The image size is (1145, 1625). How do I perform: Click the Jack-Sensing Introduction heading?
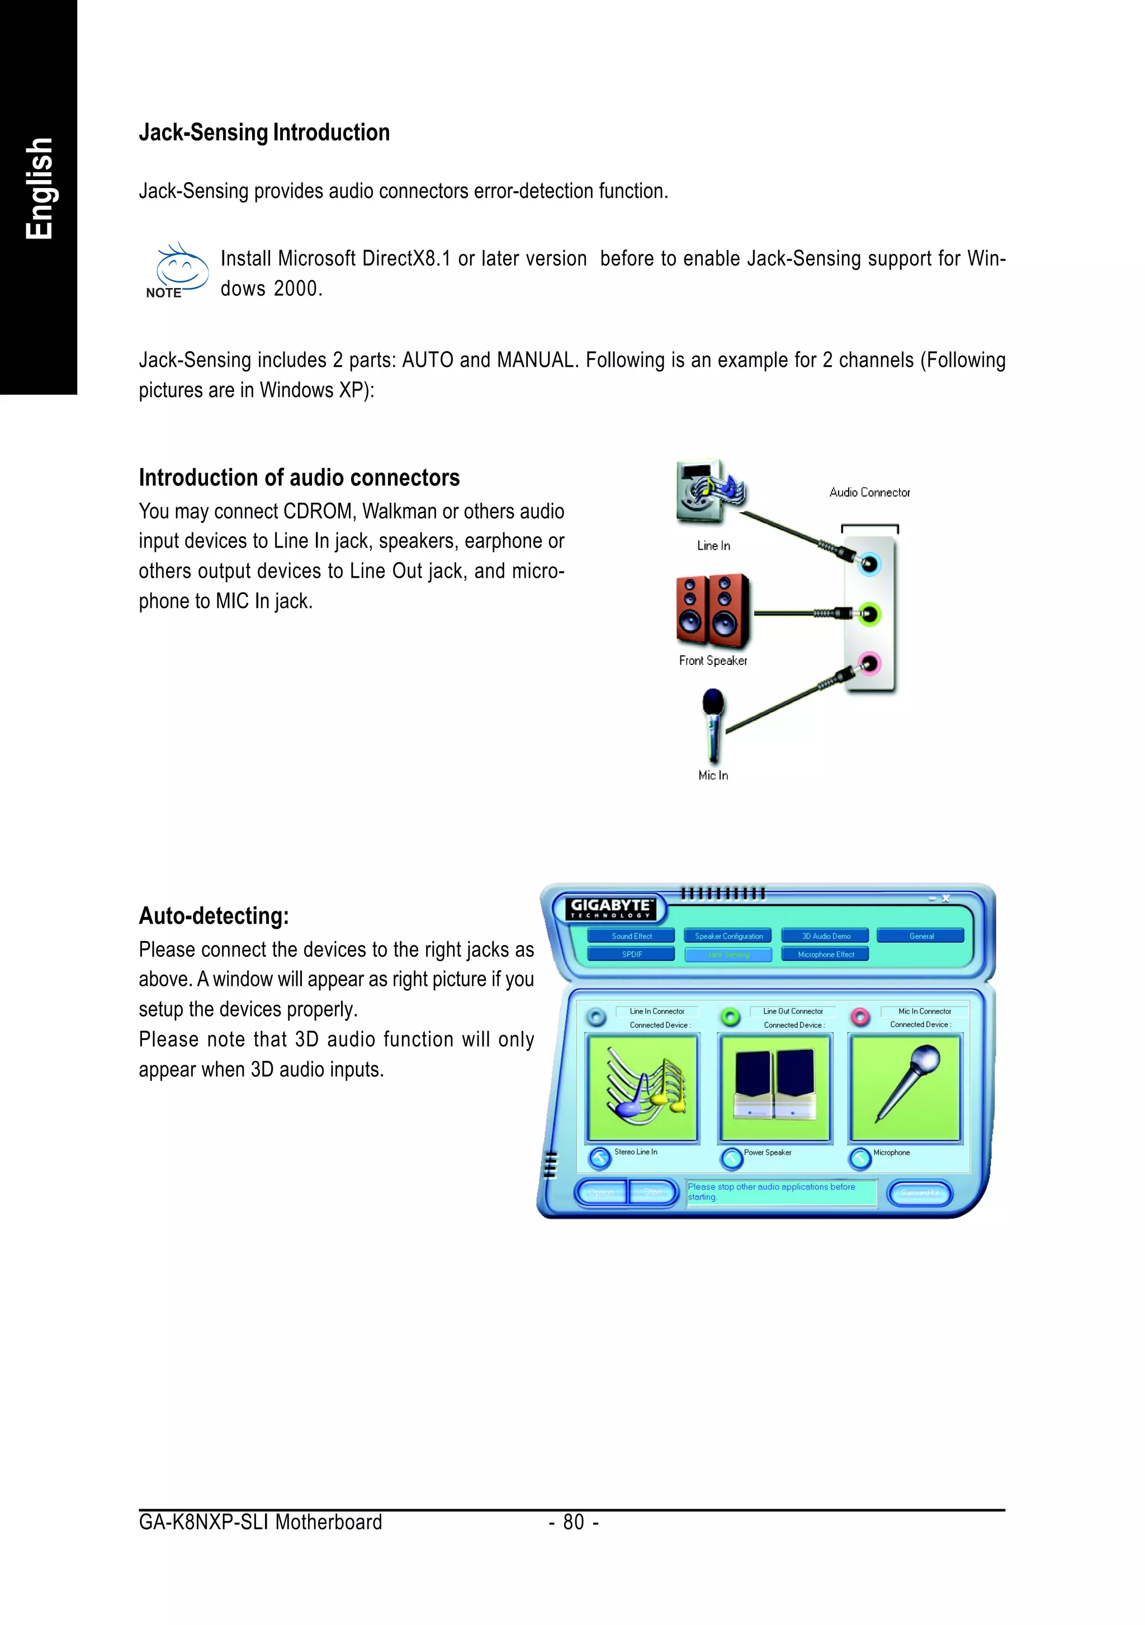[264, 133]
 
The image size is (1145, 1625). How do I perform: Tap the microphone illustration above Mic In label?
[713, 724]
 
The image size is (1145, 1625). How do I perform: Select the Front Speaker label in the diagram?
[713, 660]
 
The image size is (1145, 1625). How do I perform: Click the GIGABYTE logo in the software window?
[611, 908]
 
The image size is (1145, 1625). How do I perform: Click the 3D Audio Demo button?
[825, 936]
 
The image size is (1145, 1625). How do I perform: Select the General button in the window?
[921, 936]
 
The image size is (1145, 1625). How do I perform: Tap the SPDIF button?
[631, 954]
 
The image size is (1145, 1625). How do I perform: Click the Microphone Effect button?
[825, 954]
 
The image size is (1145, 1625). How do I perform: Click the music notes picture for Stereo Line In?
[642, 1088]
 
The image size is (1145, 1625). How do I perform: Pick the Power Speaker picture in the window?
[775, 1088]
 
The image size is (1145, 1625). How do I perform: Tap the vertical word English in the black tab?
[39, 188]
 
